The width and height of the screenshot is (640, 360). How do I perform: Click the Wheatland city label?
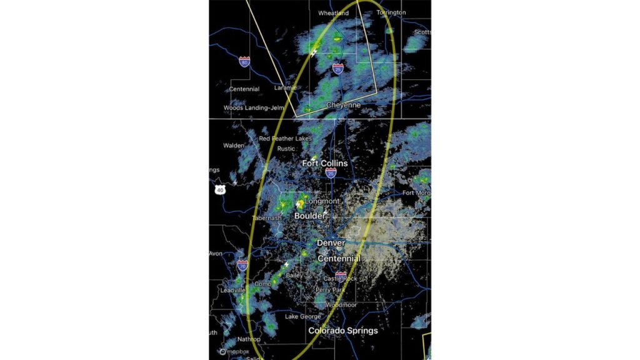click(333, 13)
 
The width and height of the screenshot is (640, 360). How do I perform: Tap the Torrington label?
click(391, 12)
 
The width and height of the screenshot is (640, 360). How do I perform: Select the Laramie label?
click(285, 88)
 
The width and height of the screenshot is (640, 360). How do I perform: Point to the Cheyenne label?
click(344, 106)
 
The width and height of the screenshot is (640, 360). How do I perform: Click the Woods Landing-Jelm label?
click(250, 108)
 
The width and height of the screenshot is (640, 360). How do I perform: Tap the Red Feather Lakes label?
click(286, 139)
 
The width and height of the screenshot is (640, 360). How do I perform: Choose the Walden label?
click(234, 146)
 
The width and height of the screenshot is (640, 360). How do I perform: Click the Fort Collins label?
click(325, 163)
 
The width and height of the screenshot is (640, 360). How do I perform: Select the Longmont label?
click(322, 201)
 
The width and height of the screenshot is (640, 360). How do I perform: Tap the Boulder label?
click(310, 216)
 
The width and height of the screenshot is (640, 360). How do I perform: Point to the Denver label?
click(331, 242)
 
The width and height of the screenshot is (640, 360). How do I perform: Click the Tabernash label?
click(267, 218)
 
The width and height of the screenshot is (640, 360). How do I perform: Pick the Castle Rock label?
click(340, 279)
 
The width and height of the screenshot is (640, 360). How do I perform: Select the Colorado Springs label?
click(343, 330)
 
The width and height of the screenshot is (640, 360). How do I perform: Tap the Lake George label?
click(303, 317)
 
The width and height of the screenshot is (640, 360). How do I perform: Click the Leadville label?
click(233, 291)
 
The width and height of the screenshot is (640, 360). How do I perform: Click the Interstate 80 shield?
click(244, 61)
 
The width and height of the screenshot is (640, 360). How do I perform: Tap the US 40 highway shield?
click(219, 189)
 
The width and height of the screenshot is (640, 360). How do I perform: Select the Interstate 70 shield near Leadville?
click(242, 265)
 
